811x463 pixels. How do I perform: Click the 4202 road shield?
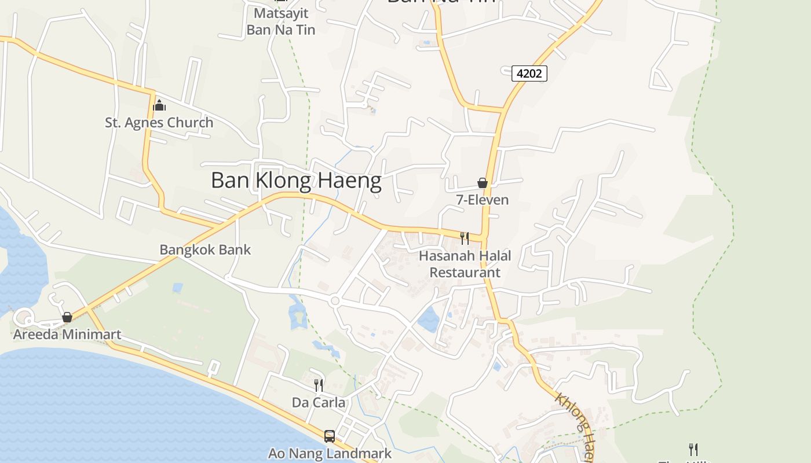point(529,74)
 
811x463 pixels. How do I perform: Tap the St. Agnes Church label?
point(159,123)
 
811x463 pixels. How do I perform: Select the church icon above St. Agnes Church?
point(159,105)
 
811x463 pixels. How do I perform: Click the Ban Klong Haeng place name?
point(296,181)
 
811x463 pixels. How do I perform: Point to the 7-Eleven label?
point(482,200)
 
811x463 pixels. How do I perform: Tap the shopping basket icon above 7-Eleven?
point(482,183)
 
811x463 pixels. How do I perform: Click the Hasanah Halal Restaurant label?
point(465,264)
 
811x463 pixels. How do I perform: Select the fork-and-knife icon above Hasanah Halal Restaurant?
point(465,238)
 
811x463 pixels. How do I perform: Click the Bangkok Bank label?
point(205,250)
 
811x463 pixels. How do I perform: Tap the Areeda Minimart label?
point(67,335)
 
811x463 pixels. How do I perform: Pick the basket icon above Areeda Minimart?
point(67,317)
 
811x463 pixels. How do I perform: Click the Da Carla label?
point(318,403)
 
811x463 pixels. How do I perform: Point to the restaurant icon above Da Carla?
point(318,385)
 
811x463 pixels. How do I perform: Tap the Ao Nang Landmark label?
point(330,454)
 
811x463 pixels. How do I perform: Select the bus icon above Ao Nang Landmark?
point(330,436)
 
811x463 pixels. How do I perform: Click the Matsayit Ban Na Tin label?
point(281,21)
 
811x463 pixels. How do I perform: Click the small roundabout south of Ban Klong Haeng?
point(334,301)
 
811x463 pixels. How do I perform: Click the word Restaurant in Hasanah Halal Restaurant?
point(465,273)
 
